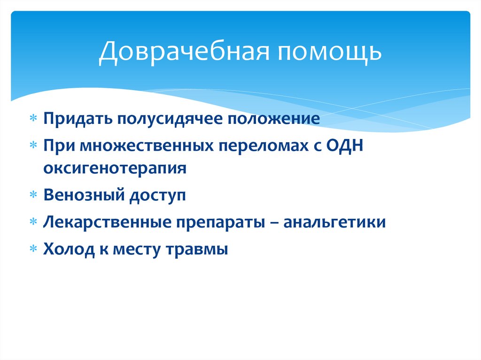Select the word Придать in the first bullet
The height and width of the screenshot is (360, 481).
coord(78,118)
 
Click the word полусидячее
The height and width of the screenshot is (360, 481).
coord(170,119)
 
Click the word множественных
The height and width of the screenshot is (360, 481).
coord(147,146)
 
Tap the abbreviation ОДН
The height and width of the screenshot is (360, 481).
coord(344,146)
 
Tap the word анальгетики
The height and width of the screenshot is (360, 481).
coord(334,222)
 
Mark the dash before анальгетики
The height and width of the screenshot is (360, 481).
coord(274,223)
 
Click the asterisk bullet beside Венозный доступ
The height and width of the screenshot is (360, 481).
coord(33,194)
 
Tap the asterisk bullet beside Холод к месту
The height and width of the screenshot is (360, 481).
coord(33,248)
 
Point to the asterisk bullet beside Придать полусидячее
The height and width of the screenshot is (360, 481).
coord(33,118)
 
